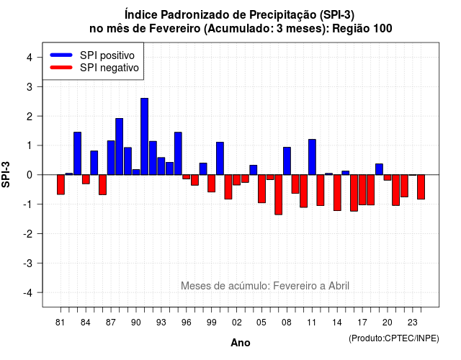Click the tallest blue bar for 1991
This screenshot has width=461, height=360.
tap(144, 136)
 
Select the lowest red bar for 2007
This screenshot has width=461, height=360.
tap(279, 194)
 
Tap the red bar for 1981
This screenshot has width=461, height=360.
tap(61, 184)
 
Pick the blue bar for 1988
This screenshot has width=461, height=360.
tap(119, 147)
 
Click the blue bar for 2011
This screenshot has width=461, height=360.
tap(312, 157)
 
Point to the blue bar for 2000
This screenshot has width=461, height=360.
tap(220, 158)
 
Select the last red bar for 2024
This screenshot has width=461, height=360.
tap(421, 187)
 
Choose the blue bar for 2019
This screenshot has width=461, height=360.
tap(380, 169)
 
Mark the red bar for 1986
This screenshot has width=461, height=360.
tap(102, 184)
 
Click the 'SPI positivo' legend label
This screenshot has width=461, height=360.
tap(107, 55)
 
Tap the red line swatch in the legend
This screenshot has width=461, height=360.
tap(61, 68)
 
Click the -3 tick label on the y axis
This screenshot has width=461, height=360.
tap(27, 264)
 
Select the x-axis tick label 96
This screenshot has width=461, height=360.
tap(186, 323)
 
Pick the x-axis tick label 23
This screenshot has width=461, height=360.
tap(413, 323)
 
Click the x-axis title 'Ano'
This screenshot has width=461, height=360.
tap(241, 343)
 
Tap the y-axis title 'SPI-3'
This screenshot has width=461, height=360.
tap(6, 174)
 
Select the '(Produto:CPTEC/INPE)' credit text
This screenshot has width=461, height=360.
tap(394, 338)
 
